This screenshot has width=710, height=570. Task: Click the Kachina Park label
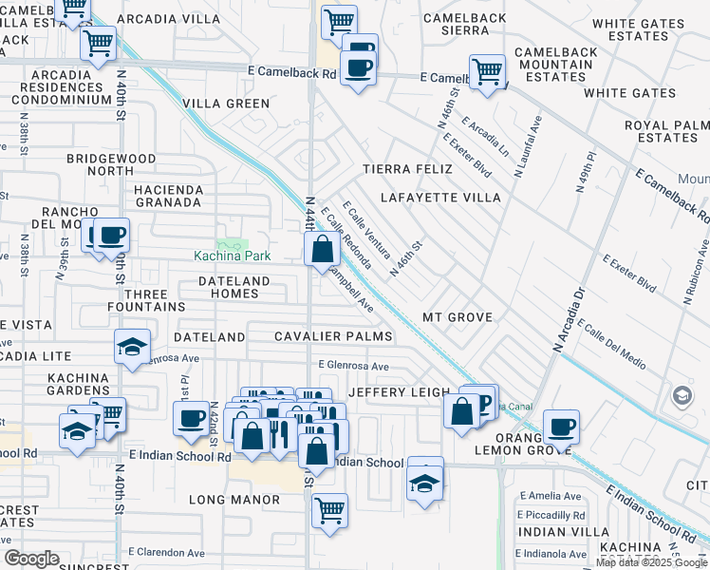coord(233,256)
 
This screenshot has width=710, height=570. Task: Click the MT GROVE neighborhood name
coord(458,316)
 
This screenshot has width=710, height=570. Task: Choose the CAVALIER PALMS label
coord(333,337)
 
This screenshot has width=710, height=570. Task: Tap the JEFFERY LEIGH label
coord(396,391)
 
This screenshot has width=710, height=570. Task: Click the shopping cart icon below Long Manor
coord(329,510)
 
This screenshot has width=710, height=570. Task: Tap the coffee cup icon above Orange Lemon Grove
coord(561,427)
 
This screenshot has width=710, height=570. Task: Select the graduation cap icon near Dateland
coord(132,348)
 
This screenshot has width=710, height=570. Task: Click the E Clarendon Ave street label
coord(167,553)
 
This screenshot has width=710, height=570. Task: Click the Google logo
coord(31,559)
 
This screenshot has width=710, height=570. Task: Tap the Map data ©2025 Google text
coord(652,562)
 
